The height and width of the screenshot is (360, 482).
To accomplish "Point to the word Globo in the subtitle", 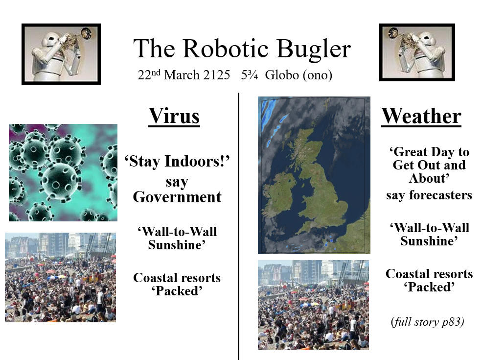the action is coord(282,75).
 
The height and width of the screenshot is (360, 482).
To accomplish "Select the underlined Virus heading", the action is coord(174,116).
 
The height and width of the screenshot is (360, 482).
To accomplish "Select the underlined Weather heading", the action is coord(421,116).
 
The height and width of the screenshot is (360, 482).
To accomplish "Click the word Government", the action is coord(177,197).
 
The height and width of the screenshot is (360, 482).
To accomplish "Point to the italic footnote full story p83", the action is coord(427,322).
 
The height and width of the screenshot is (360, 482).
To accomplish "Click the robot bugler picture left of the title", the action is coord(61,54).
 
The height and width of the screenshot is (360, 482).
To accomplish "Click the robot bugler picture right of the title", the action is coord(417,52).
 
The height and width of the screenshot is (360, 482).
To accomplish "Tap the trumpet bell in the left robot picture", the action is coord(86,33).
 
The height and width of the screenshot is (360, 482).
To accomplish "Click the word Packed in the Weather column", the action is coord(429,287).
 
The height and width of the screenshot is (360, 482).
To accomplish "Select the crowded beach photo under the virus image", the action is coord(61,277).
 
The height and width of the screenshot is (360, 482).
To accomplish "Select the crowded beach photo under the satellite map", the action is coord(313,305).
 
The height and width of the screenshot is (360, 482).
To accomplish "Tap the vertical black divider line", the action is coord(238,226).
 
